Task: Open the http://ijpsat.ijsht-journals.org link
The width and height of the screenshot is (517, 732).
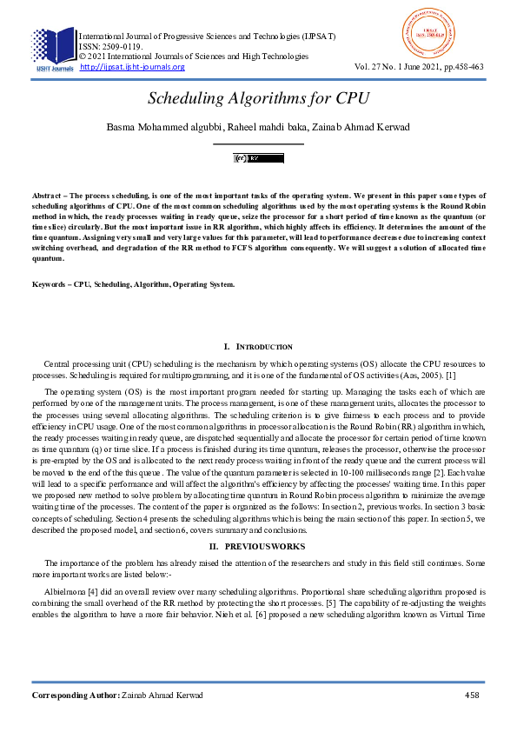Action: (132, 67)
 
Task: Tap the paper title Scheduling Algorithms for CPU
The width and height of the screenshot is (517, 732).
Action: (258, 99)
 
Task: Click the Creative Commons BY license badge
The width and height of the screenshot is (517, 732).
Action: (258, 158)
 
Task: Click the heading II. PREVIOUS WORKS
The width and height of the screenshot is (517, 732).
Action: (258, 545)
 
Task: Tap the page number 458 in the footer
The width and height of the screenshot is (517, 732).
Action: (473, 695)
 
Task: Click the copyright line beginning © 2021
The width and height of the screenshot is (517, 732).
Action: (193, 57)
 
